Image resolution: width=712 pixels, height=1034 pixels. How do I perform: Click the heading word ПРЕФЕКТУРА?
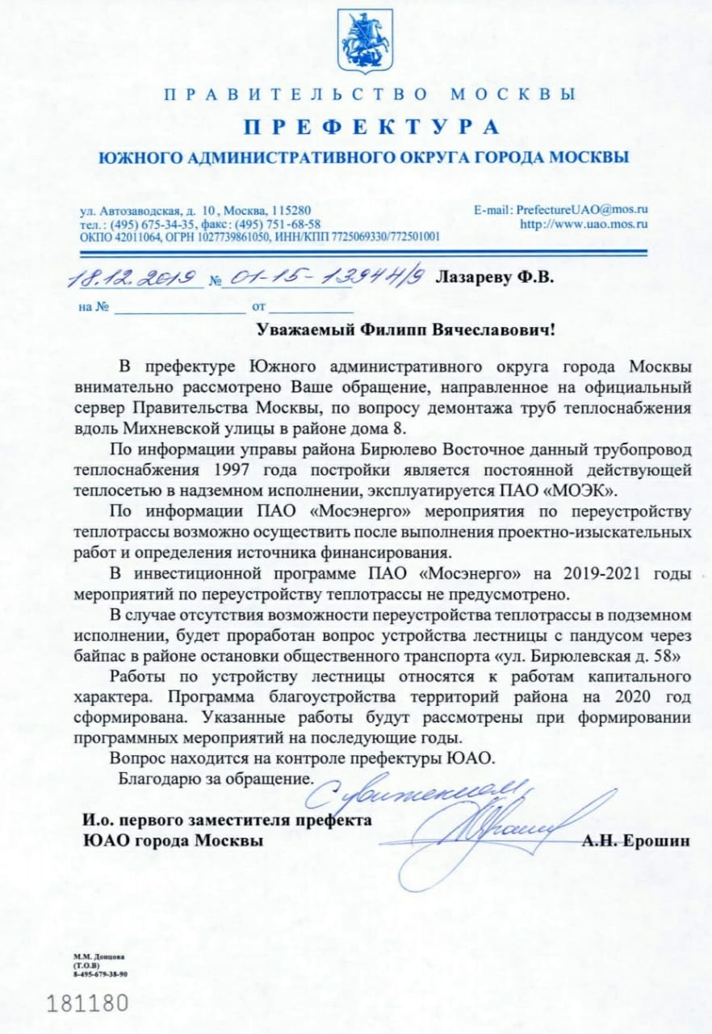[x=371, y=128]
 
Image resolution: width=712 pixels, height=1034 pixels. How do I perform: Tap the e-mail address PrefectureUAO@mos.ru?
[x=582, y=209]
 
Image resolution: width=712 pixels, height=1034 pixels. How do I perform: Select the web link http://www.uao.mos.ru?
[x=584, y=223]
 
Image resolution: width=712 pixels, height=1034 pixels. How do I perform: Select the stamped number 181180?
[x=88, y=1004]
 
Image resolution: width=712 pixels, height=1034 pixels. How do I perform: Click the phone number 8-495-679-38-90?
[x=101, y=974]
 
